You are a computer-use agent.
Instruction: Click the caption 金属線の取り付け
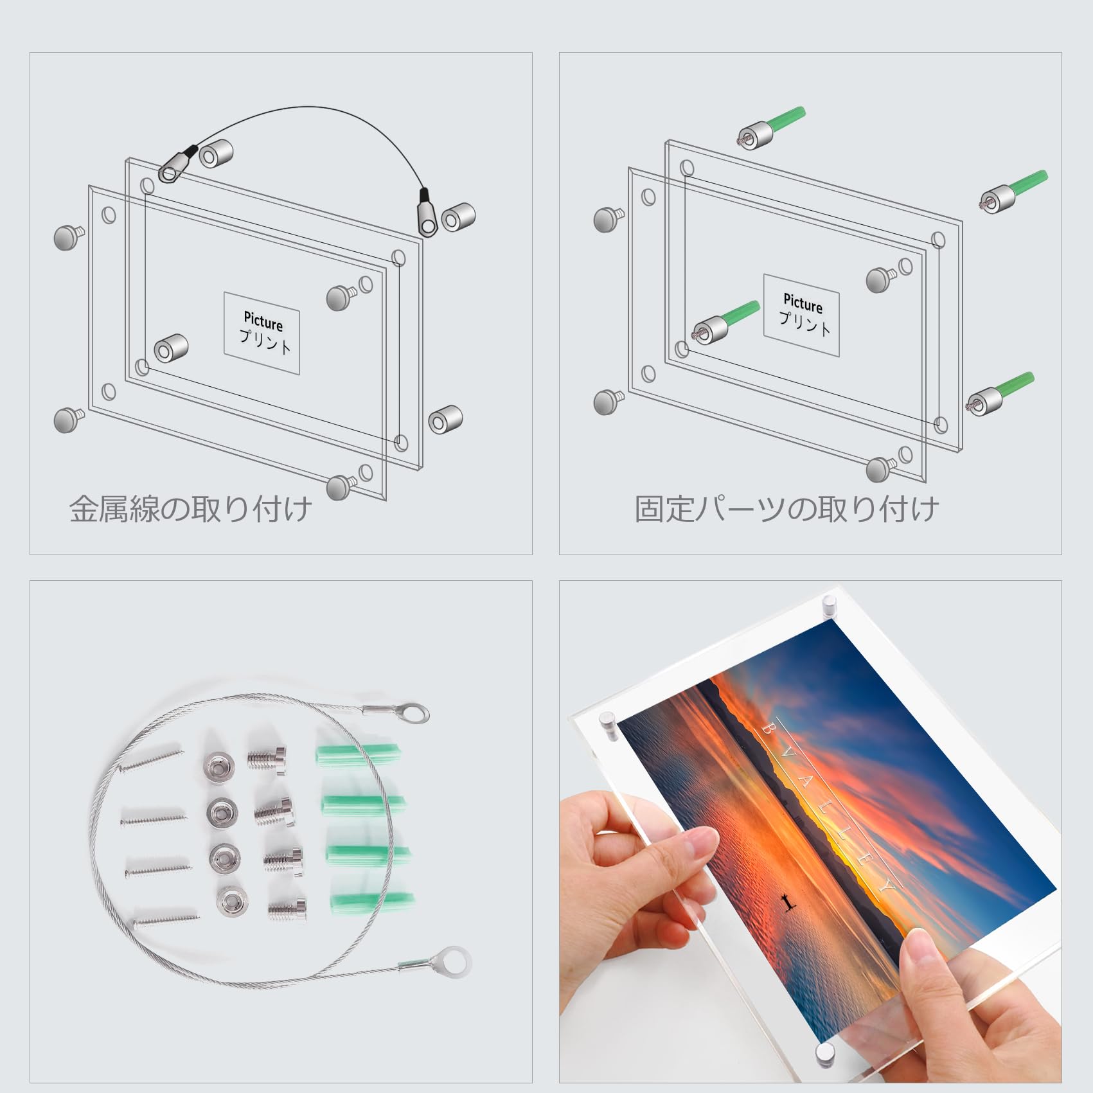click(x=190, y=509)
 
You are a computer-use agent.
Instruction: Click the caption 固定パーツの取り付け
click(x=786, y=509)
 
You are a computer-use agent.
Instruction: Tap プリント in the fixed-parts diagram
click(x=804, y=321)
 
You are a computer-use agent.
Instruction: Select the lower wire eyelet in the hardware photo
click(x=456, y=958)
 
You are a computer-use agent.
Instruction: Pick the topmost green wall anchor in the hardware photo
click(x=359, y=754)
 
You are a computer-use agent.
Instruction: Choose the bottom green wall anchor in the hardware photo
click(x=372, y=902)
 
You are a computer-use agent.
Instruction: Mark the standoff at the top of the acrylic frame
click(x=829, y=605)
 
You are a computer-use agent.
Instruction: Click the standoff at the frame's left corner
click(x=607, y=724)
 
